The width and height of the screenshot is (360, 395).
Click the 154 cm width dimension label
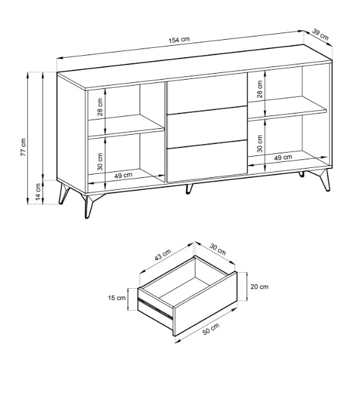179,40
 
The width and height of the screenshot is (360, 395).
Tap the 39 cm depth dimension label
320,35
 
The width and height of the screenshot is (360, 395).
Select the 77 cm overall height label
23,147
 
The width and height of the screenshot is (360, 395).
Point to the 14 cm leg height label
38,192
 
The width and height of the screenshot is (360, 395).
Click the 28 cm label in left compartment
100,107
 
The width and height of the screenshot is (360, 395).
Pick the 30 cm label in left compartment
100,161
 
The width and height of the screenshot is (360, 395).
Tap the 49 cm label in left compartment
124,175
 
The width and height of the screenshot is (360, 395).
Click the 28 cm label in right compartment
260,89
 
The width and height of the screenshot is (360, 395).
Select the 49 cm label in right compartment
283,157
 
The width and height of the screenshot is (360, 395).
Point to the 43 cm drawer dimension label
163,254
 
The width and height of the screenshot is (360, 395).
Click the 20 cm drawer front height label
260,286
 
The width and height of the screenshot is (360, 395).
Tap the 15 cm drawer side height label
117,298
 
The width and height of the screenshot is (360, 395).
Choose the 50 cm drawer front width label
211,329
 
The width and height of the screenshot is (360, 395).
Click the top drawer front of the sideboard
207,93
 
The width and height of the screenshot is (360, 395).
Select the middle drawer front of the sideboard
207,127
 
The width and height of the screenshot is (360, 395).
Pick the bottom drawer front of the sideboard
207,161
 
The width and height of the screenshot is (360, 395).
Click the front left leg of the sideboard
89,206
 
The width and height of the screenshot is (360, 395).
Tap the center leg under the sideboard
189,189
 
